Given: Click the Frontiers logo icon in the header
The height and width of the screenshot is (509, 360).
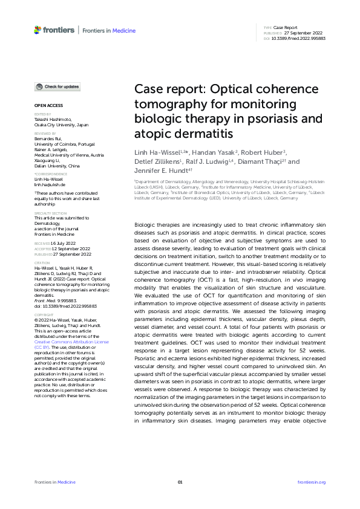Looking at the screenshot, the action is (x=38, y=29).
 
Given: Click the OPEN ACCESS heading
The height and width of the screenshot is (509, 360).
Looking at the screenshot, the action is (x=44, y=105).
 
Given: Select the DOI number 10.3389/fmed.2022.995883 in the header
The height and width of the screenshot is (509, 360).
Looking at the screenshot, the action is (x=298, y=38).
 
